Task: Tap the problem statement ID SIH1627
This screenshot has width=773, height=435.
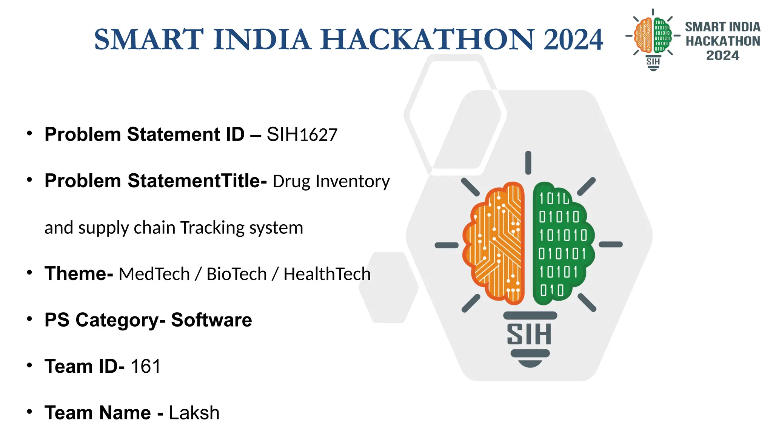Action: coord(302,135)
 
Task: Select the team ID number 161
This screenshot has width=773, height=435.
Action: coord(146,366)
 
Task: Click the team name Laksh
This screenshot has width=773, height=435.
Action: coord(194,413)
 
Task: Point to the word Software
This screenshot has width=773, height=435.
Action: coord(211,320)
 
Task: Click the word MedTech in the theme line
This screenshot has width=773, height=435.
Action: coord(154,274)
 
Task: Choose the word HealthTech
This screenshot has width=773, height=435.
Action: coord(327,274)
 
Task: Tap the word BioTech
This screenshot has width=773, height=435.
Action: coord(237,274)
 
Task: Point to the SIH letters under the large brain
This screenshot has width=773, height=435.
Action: coord(529,334)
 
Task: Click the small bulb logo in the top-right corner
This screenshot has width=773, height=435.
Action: coord(653,40)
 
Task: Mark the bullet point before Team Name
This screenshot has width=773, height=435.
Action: coord(29,412)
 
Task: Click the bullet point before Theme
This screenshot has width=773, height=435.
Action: coord(29,273)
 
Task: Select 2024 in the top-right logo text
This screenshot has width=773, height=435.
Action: coord(722,56)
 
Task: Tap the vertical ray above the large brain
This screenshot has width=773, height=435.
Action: coord(528,163)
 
